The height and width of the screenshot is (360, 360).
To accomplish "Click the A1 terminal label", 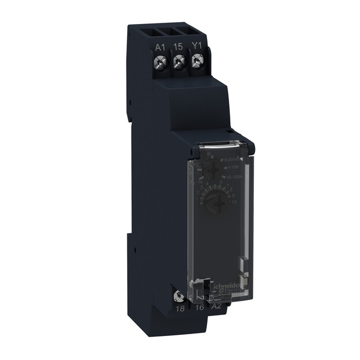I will (160, 46).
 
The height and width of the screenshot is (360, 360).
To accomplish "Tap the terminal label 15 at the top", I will (178, 46).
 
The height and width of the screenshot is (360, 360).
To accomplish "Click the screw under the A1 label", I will (160, 61).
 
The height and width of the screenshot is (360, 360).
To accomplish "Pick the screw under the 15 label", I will (179, 61).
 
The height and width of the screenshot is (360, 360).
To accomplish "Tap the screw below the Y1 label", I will (197, 61).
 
